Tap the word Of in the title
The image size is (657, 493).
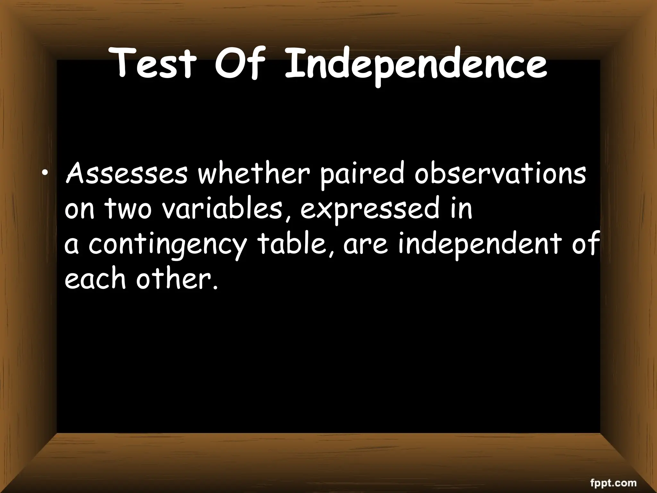(240, 64)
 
